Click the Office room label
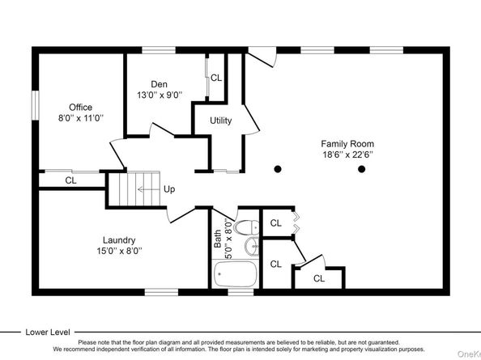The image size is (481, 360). click(80, 108)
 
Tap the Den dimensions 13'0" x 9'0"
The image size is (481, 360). click(160, 95)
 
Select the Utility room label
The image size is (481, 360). click(220, 121)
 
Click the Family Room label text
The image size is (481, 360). click(347, 144)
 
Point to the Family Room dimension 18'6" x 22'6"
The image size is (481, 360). click(347, 155)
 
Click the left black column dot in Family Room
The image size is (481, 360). click(278, 169)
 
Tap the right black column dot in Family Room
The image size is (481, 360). click(362, 169)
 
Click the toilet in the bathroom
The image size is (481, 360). click(246, 227)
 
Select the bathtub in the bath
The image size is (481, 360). click(235, 273)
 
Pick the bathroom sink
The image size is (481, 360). click(252, 246)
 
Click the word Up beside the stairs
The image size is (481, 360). click(169, 189)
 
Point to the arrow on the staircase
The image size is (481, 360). click(149, 189)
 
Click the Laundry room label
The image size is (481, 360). click(119, 240)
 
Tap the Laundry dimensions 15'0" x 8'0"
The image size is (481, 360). click(119, 251)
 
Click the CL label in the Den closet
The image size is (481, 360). click(216, 78)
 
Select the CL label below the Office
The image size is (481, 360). click(71, 180)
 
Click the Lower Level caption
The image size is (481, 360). click(48, 332)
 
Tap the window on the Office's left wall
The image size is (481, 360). click(36, 105)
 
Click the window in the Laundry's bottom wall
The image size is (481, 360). click(161, 292)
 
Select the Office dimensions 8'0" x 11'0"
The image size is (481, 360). click(81, 118)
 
